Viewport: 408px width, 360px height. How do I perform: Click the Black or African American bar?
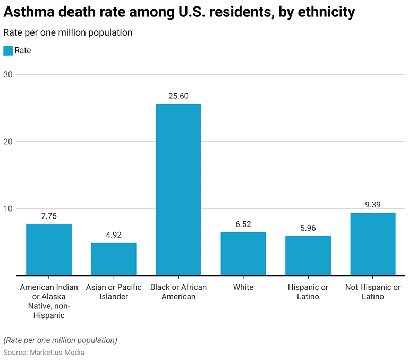pyautogui.click(x=178, y=189)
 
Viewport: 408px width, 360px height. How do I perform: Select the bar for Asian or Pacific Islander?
pyautogui.click(x=114, y=259)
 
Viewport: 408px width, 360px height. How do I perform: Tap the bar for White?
pyautogui.click(x=243, y=254)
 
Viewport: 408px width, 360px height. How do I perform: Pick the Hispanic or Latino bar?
pyautogui.click(x=308, y=255)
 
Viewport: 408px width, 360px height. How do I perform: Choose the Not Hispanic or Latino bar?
pyautogui.click(x=373, y=244)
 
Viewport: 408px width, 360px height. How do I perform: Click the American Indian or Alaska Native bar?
pyautogui.click(x=49, y=249)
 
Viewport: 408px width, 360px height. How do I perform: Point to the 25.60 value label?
pyautogui.click(x=178, y=96)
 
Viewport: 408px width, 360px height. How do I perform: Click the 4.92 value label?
pyautogui.click(x=114, y=235)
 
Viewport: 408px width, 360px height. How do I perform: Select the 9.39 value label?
pyautogui.click(x=373, y=205)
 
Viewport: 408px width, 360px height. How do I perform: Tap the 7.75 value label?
pyautogui.click(x=49, y=216)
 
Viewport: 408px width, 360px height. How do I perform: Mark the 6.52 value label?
pyautogui.click(x=243, y=224)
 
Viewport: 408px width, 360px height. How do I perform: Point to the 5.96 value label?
pyautogui.click(x=308, y=228)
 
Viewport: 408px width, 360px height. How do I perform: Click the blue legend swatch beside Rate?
pyautogui.click(x=8, y=51)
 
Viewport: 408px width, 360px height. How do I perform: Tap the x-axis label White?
pyautogui.click(x=243, y=287)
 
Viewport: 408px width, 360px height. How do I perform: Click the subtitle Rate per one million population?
pyautogui.click(x=68, y=32)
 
